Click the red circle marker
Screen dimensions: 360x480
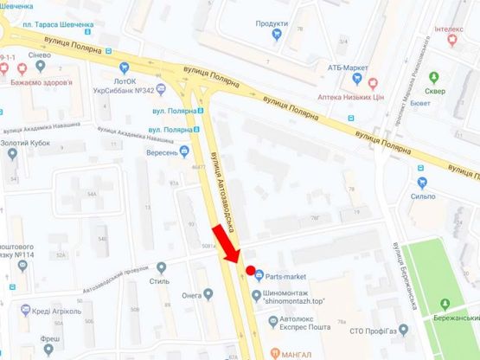251,272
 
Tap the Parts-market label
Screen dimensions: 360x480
287,277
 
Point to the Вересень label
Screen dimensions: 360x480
162,151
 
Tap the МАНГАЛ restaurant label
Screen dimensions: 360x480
296,352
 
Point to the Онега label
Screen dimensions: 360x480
192,294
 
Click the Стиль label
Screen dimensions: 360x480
159,280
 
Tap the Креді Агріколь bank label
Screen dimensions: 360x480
57,311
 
